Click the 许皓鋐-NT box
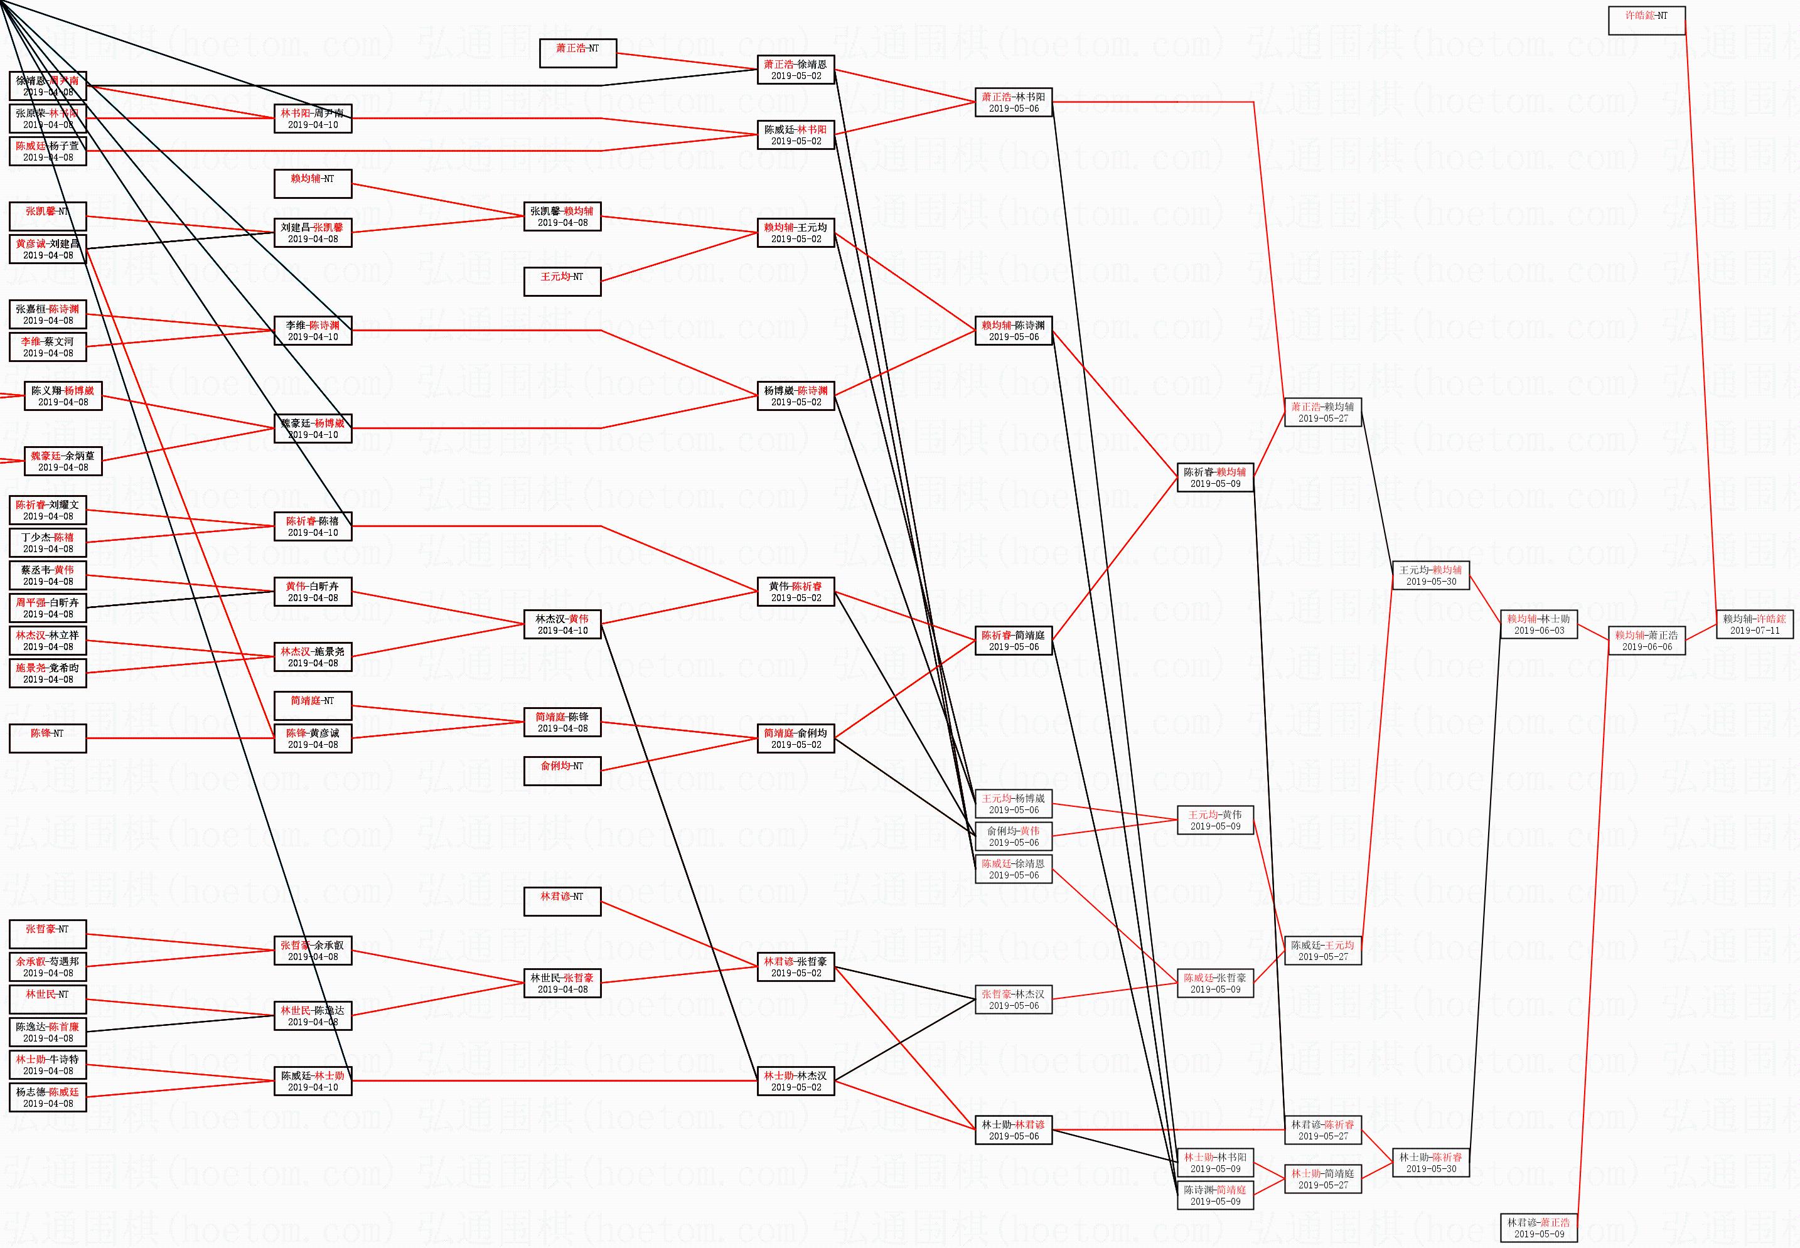1646,20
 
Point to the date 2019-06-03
1539,630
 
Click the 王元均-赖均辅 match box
1430,575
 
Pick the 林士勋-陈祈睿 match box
1430,1162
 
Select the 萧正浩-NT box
578,53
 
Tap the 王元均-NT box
562,282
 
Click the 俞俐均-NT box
562,771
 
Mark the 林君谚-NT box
562,902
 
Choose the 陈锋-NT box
48,738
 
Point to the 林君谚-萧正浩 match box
1538,1228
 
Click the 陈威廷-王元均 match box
1322,950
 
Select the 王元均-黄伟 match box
1215,819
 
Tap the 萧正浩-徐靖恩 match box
795,70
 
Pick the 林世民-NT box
48,1000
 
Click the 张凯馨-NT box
48,216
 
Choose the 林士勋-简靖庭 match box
1322,1178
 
